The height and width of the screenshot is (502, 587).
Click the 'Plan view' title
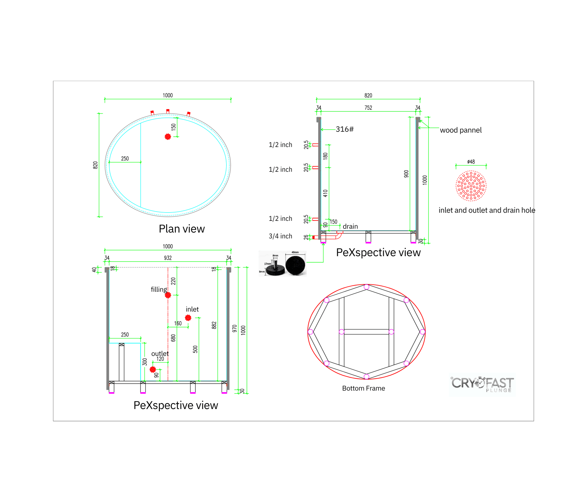click(x=182, y=229)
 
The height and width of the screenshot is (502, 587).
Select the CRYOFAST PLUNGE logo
click(x=482, y=384)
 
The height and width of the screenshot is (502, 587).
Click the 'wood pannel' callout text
click(x=461, y=130)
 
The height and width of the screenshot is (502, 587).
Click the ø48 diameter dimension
click(x=471, y=162)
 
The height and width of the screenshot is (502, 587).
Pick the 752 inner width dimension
click(x=368, y=108)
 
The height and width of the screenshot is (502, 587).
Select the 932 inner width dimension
click(x=168, y=258)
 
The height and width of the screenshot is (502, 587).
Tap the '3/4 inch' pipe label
click(x=280, y=236)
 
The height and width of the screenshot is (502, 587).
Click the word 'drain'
click(x=350, y=227)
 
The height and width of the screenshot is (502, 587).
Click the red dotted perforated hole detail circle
click(x=471, y=186)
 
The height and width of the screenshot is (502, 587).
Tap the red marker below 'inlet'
click(x=188, y=318)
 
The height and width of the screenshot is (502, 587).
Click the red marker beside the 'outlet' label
click(x=153, y=369)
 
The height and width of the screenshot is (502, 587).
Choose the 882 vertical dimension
click(x=214, y=325)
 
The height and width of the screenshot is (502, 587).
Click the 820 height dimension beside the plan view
click(x=95, y=165)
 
